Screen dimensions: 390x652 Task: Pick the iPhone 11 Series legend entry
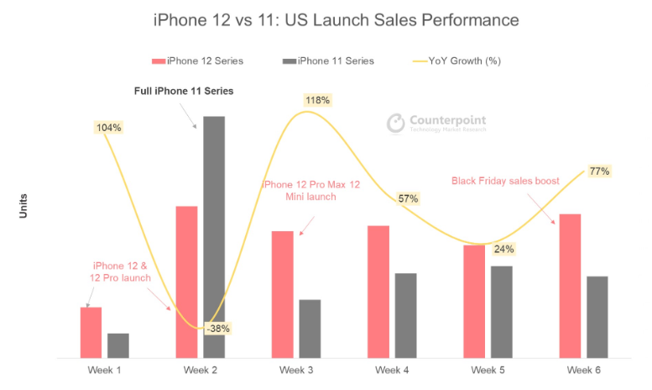(x=329, y=61)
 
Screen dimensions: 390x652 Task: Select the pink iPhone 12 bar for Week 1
(x=91, y=332)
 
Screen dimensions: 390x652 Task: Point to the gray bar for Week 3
(x=310, y=329)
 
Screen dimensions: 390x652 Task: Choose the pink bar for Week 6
(x=570, y=286)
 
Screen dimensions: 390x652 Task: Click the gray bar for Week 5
(x=501, y=312)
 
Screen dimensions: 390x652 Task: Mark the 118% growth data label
(x=318, y=100)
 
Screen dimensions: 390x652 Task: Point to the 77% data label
(x=599, y=171)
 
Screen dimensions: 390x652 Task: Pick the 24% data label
(x=503, y=249)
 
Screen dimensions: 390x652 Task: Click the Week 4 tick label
(x=392, y=371)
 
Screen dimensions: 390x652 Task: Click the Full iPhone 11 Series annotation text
(x=184, y=90)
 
